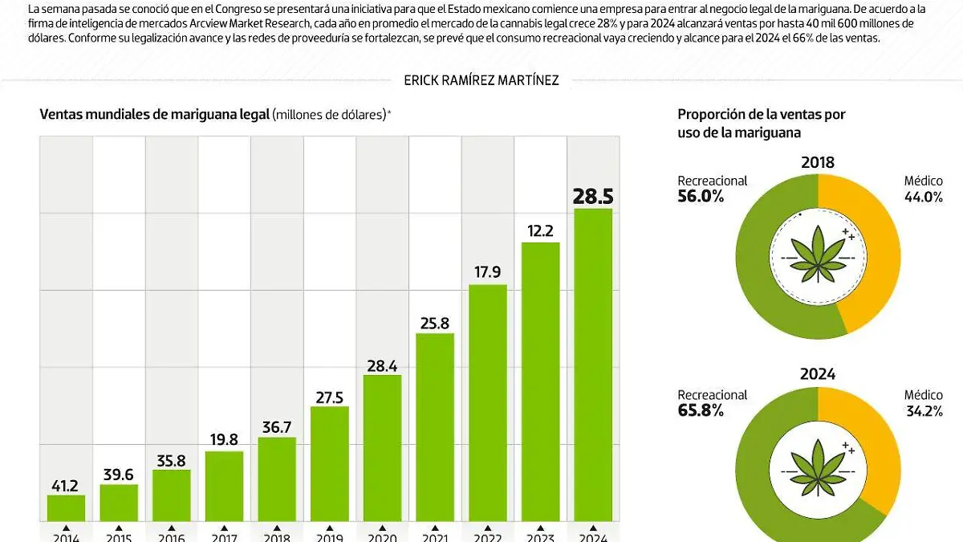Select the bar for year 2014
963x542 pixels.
(x=66, y=508)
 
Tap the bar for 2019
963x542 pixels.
(x=329, y=464)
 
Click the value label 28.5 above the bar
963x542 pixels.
(x=593, y=196)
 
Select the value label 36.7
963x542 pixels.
(x=277, y=426)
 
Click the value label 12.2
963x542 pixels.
(x=541, y=230)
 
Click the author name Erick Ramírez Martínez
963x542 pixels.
(x=481, y=79)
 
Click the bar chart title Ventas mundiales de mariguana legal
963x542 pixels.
(x=155, y=114)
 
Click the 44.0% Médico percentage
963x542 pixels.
(x=923, y=197)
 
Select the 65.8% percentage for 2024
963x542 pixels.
(x=701, y=410)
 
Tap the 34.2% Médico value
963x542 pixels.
(x=923, y=410)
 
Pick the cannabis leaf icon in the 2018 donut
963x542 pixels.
(x=817, y=250)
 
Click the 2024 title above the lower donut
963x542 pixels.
(x=817, y=374)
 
